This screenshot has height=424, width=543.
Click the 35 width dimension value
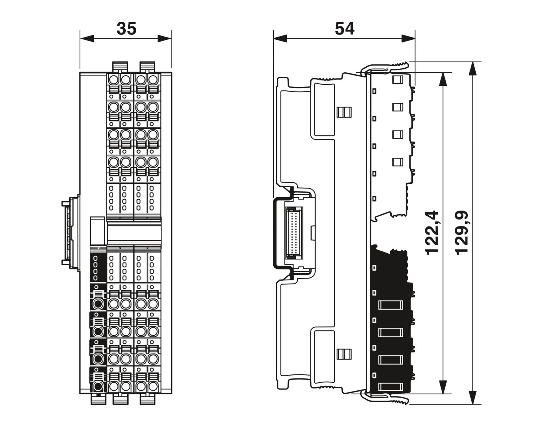[126, 29]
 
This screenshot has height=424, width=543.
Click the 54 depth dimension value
[344, 29]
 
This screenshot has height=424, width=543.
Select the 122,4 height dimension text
[432, 233]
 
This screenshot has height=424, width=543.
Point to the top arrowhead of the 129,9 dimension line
[472, 69]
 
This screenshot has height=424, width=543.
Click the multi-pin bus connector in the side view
[293, 232]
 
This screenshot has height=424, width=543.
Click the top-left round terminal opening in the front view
[114, 79]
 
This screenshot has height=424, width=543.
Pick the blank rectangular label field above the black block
[97, 230]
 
